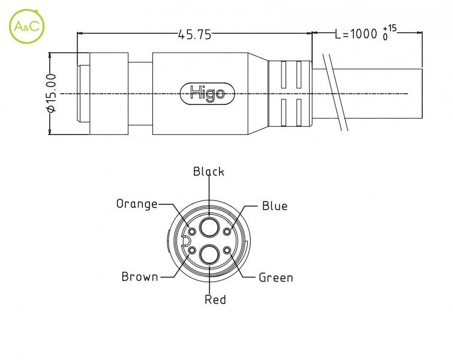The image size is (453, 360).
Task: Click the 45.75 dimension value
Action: coord(194,35)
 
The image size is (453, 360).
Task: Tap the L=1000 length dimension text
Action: coord(356,34)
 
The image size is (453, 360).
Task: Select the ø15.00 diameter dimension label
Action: coord(51,93)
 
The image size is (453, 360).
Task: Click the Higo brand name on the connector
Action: coord(207,94)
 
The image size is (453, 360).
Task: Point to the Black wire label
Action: coord(209,172)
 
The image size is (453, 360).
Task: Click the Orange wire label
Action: coord(137,204)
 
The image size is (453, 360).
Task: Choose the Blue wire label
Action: coord(275,206)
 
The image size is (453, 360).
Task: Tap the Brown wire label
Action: coord(140,277)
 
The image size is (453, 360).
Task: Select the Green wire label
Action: coord(275,278)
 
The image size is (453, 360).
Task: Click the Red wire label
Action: coord(215,299)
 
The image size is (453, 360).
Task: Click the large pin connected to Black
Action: coord(209,227)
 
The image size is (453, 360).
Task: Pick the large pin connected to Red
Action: coord(209,254)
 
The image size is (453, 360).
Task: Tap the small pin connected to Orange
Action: coord(192,232)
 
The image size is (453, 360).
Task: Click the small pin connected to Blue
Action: coord(227,232)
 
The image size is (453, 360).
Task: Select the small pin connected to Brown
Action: coord(192,250)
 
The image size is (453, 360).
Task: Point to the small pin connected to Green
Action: coord(227,250)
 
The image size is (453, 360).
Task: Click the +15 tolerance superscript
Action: coord(390,29)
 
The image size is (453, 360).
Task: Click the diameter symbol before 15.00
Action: coord(51,109)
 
